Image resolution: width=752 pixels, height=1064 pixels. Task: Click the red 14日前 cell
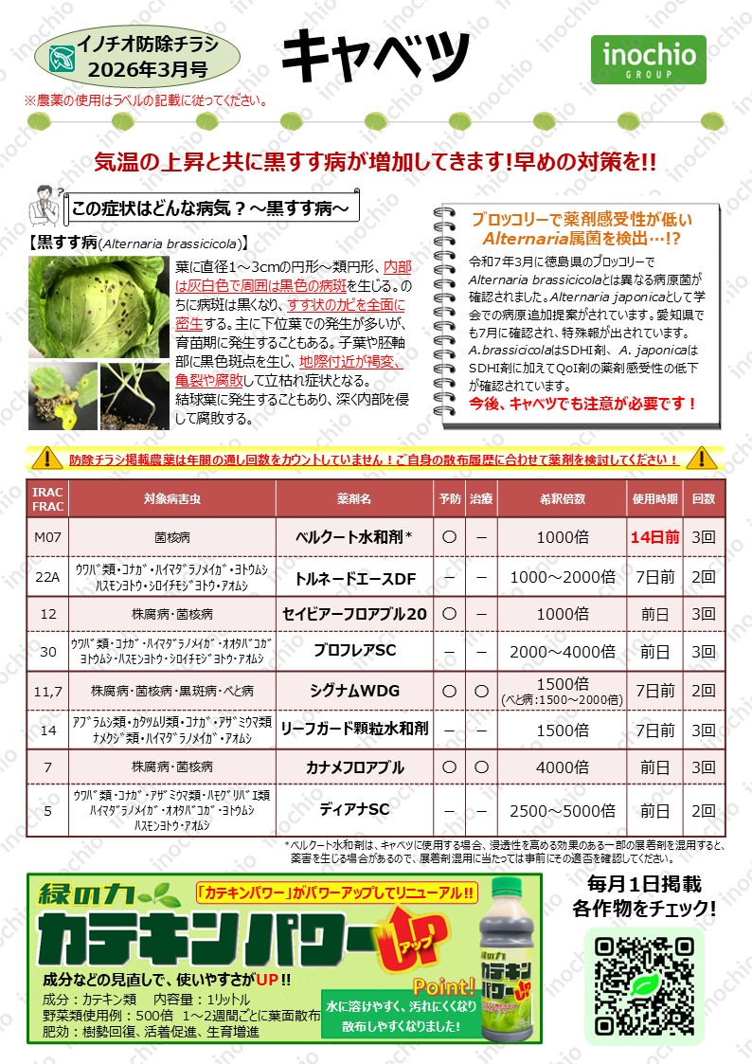click(x=655, y=536)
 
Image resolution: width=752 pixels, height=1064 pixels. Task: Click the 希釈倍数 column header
click(x=562, y=497)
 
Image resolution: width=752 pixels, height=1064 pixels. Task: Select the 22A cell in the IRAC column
click(x=47, y=575)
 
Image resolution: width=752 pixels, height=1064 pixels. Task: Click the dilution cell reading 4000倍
click(x=562, y=766)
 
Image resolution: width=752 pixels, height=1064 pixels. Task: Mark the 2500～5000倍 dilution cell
click(x=562, y=810)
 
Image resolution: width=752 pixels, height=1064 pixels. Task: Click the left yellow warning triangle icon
click(x=45, y=459)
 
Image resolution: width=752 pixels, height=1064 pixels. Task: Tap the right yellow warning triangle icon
click(x=702, y=459)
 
